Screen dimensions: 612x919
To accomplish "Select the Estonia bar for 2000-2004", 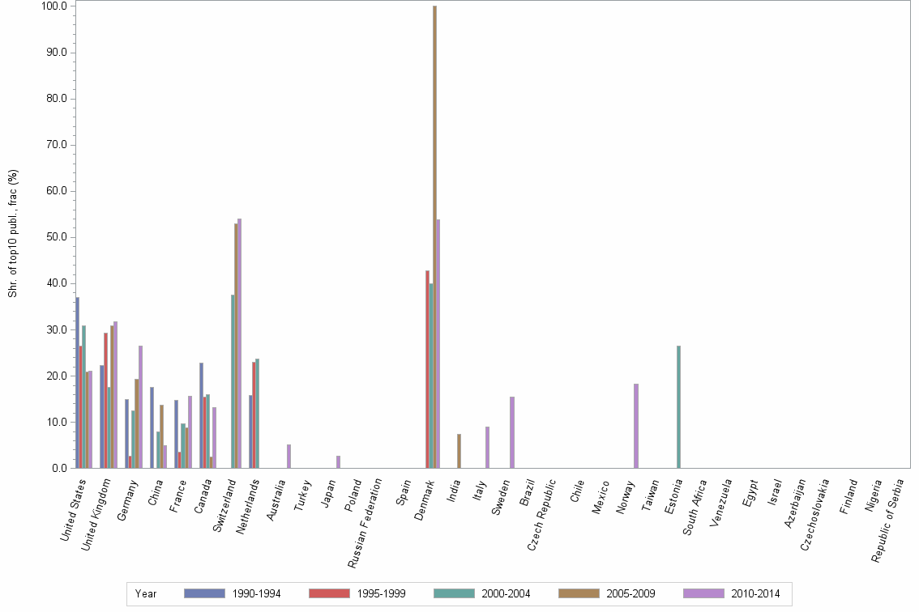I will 678,407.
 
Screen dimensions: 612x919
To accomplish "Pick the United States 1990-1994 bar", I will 78,383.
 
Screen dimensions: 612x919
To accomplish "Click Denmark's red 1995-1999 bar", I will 427,369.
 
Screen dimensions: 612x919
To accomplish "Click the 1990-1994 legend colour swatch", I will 204,593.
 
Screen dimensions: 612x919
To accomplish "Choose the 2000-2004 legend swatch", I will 454,593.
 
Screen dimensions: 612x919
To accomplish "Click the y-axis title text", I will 13,233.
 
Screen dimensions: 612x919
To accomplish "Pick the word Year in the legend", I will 146,593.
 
